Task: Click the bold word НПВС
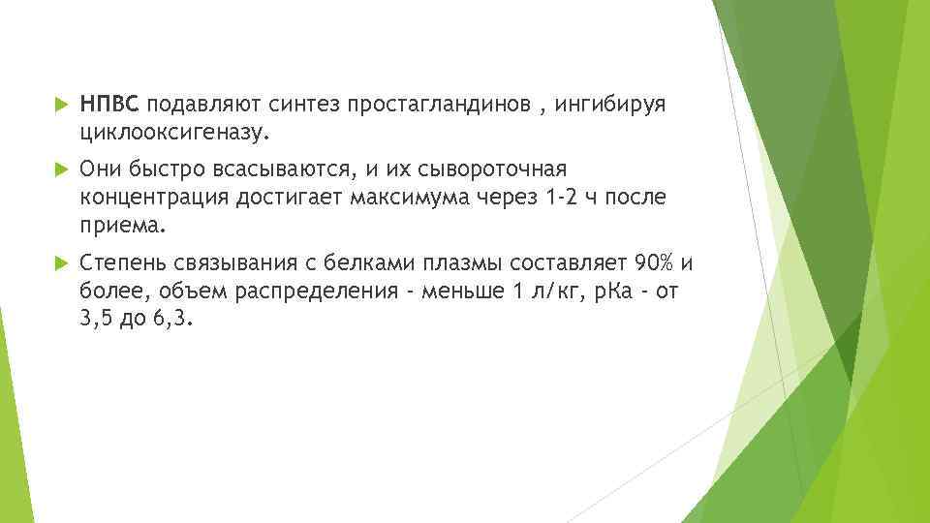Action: coord(110,103)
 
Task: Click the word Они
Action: coord(101,170)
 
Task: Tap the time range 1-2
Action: coord(565,198)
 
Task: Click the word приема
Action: coord(123,225)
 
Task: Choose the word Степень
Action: coord(125,265)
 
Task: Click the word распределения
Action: coord(309,292)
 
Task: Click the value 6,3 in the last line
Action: coord(173,320)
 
